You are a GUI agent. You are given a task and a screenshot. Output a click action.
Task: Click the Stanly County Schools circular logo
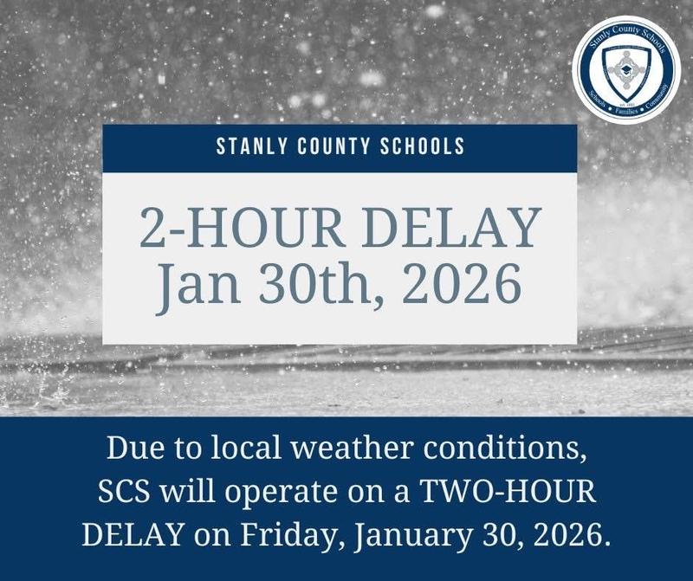626,70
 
